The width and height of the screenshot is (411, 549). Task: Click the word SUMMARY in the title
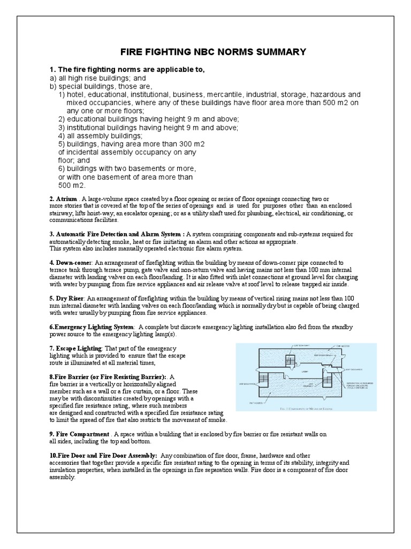(280, 52)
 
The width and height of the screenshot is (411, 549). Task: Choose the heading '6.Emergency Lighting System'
(91, 327)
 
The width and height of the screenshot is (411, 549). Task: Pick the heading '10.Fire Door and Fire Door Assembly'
(103, 455)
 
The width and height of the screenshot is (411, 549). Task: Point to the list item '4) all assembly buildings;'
(101, 136)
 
